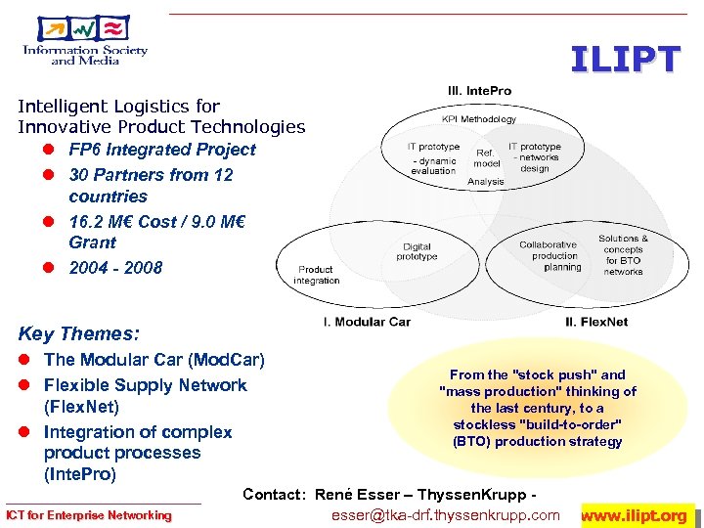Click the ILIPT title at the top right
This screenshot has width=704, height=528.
[625, 61]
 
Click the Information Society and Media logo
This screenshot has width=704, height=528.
[85, 41]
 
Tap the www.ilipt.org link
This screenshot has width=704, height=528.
[638, 515]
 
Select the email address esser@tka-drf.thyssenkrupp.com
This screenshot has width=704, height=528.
[446, 515]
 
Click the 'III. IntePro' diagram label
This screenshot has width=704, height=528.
[479, 91]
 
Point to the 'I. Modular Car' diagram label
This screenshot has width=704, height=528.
[367, 321]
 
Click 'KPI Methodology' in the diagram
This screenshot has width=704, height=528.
[479, 119]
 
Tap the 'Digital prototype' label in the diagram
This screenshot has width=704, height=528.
[418, 251]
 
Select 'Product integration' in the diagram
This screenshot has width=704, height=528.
[318, 275]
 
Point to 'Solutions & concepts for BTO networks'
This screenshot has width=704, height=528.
[623, 254]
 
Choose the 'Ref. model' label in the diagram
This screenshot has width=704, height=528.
[486, 158]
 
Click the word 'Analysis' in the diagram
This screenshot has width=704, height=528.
[486, 181]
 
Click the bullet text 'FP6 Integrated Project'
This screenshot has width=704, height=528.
[161, 150]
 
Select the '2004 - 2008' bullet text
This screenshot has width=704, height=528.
[115, 267]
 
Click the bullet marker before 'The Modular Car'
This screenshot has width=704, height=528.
[26, 361]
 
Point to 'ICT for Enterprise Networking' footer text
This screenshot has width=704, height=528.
[89, 515]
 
